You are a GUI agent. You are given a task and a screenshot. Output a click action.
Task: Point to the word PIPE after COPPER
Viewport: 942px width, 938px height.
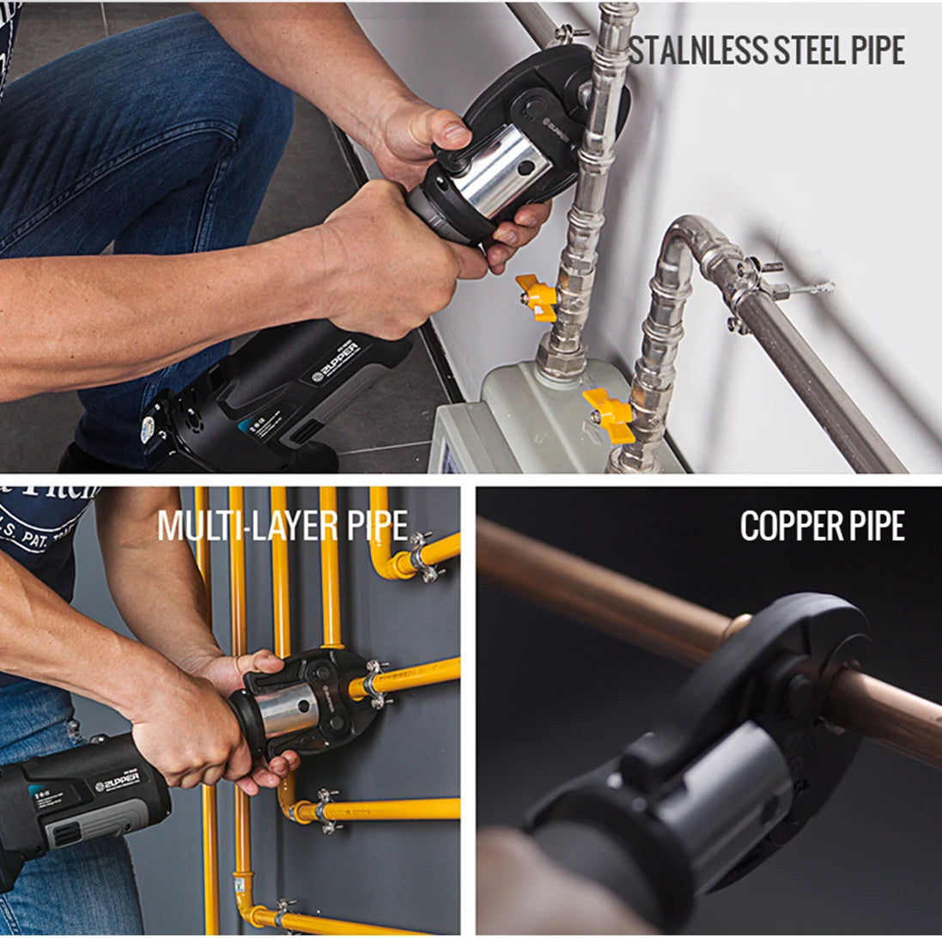[x=874, y=526]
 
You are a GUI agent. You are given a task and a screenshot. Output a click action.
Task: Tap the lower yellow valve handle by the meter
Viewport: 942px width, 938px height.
[x=609, y=415]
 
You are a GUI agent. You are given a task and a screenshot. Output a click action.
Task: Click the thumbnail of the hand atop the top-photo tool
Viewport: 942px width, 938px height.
[x=456, y=133]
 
